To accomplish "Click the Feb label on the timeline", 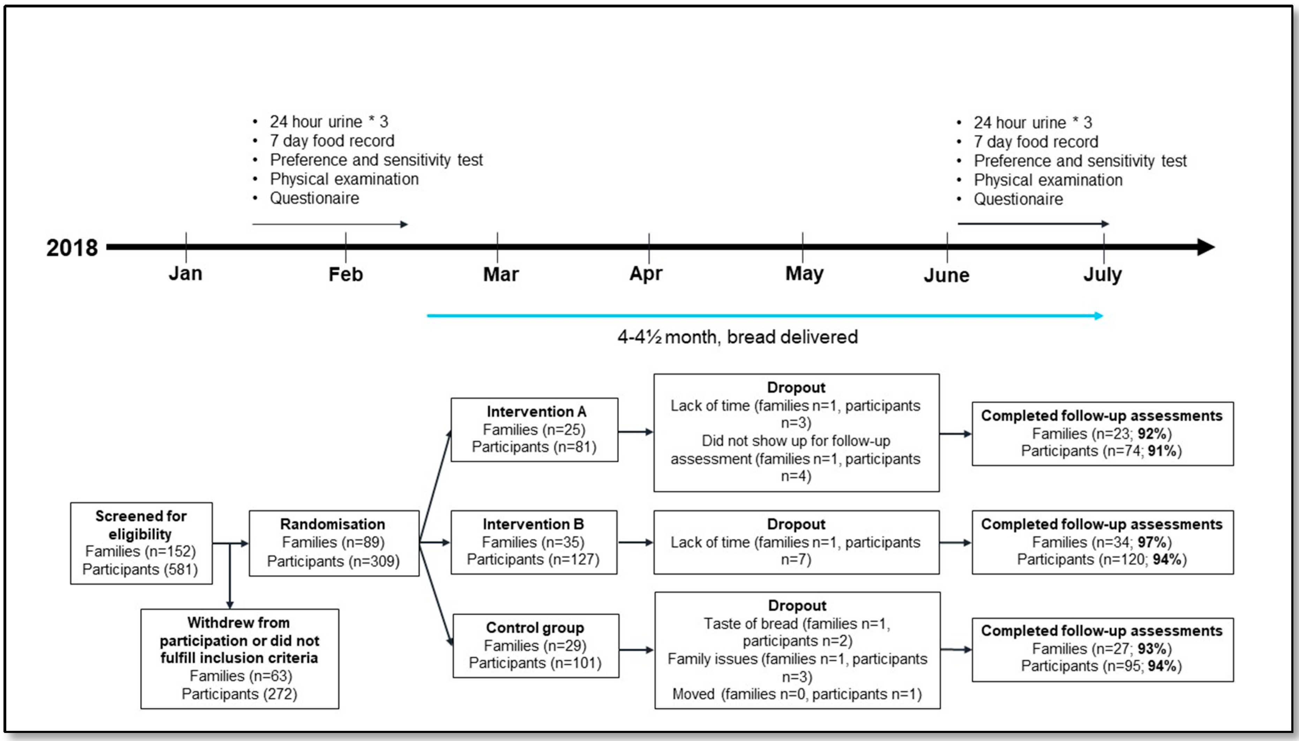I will (x=346, y=274).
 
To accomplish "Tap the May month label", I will (x=804, y=273).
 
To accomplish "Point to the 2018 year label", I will (x=72, y=248).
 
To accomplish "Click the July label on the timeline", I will (x=1102, y=274).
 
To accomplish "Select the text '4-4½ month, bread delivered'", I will (x=737, y=337).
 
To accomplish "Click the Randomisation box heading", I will (x=332, y=524).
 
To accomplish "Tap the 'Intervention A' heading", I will (x=536, y=411).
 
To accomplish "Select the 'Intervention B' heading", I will (x=533, y=524).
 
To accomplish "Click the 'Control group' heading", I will (x=535, y=628).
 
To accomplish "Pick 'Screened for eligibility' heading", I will (x=141, y=525).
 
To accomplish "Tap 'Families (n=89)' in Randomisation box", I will (x=333, y=543).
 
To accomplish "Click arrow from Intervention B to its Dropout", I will (x=635, y=543).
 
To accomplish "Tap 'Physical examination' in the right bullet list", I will (x=1048, y=180).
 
